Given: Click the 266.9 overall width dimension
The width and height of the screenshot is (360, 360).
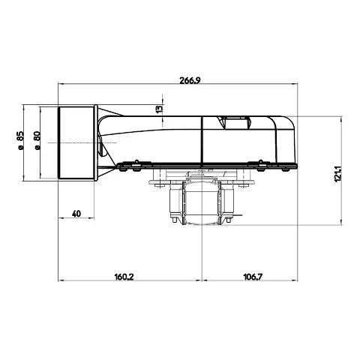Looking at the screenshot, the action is coord(190,80).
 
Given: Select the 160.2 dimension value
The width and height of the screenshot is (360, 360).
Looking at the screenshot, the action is coord(124,277).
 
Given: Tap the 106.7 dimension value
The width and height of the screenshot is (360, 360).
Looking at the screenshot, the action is coord(253,277).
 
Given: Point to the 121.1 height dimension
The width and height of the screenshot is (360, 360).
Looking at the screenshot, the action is coord(337,172).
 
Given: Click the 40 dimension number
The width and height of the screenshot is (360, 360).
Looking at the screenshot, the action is coord(76,214).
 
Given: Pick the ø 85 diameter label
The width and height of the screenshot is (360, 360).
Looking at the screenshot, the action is coord(20,140).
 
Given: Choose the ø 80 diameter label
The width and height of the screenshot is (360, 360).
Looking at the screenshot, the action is coord(37,140).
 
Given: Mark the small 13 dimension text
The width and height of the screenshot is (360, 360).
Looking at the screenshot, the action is coord(159,109).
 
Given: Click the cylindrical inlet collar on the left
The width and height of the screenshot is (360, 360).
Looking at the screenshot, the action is coord(76,142).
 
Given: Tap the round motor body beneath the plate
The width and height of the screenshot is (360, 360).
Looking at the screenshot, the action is coord(202,202).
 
